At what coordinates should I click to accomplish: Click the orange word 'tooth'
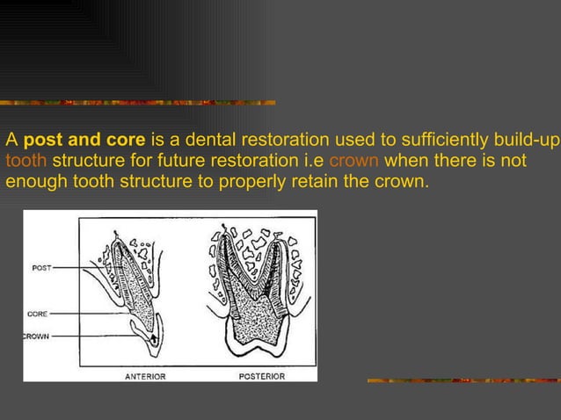pos(25,161)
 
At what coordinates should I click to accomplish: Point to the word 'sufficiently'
pos(439,140)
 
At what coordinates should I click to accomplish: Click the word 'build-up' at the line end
pos(528,140)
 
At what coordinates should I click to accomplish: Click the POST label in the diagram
pos(41,268)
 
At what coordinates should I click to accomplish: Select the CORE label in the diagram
pos(38,313)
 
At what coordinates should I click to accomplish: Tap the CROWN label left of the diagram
pos(36,336)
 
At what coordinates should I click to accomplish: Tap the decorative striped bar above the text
pos(141,103)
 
